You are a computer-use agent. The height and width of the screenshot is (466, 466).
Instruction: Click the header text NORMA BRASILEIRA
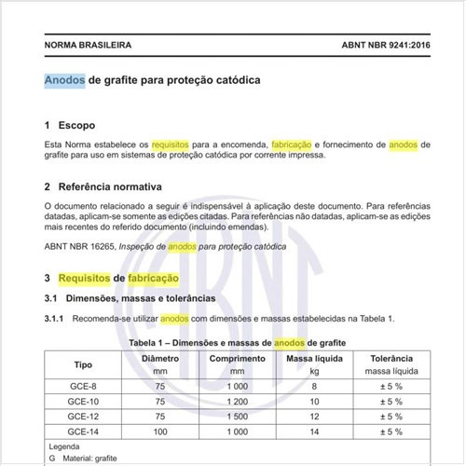[x=88, y=45]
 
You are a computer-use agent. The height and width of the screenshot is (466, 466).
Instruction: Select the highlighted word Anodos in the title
[x=64, y=80]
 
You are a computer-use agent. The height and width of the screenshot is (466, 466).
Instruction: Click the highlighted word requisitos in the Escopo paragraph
[x=171, y=145]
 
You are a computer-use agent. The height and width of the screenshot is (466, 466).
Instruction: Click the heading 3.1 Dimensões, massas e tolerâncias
[x=130, y=297]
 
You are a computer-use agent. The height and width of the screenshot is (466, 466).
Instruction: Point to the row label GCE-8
[x=83, y=385]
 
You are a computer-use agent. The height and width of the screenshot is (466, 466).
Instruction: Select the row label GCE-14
[x=83, y=432]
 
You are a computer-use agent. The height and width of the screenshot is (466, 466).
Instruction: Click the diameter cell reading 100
[x=159, y=432]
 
